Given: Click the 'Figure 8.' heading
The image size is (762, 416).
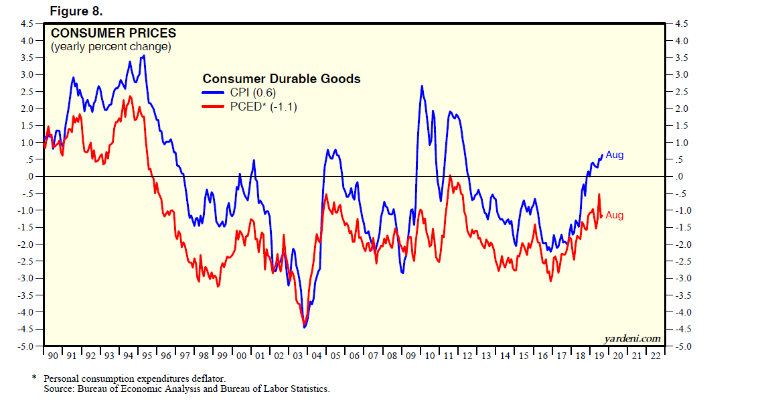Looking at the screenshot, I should [x=75, y=11].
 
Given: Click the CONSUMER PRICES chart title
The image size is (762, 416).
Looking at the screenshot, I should [x=114, y=33].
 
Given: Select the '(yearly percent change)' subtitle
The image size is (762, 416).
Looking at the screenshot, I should [x=110, y=47].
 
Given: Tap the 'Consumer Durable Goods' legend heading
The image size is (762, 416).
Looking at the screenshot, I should [x=281, y=79].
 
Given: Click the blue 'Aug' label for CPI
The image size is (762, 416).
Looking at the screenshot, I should [x=614, y=155].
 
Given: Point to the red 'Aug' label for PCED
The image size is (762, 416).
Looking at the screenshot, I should [x=614, y=215].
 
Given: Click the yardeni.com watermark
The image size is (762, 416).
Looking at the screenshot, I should [x=632, y=338].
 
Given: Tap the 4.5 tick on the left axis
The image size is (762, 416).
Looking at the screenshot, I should [x=26, y=23].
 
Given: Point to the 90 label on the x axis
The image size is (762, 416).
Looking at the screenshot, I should [x=52, y=355].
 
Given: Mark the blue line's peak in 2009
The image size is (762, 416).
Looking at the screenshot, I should [x=422, y=86].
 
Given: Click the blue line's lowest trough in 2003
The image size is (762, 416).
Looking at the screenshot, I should [x=305, y=327].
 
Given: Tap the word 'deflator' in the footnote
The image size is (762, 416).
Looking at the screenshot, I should [x=200, y=378].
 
